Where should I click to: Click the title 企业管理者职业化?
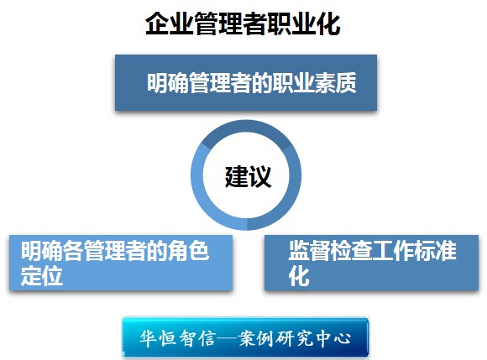point(243,23)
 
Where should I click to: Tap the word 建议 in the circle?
point(248,176)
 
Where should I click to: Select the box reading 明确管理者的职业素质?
point(246,82)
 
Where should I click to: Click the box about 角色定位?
point(121,263)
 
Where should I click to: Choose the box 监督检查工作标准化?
point(371,263)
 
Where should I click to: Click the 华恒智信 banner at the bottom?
point(245,337)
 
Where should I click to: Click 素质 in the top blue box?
point(335,83)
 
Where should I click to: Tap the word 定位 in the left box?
point(42,276)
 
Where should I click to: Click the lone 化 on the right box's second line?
point(299,276)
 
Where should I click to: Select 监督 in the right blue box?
point(309,250)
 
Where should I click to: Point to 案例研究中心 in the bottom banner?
point(295,338)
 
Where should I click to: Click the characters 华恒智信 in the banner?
point(177,338)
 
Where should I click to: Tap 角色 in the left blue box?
point(188,250)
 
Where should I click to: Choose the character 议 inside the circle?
point(260,176)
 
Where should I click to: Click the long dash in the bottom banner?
point(227,338)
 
